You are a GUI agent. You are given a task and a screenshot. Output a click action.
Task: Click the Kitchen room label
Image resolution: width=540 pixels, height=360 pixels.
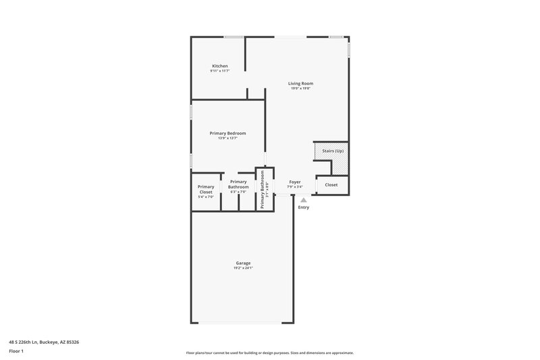[219, 66]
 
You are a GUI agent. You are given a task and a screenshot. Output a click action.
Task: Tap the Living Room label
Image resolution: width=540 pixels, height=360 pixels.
[300, 83]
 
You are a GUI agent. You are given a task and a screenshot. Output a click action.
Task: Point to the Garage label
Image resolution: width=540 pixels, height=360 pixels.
[243, 263]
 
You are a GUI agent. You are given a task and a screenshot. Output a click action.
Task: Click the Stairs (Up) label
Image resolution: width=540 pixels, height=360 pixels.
[333, 151]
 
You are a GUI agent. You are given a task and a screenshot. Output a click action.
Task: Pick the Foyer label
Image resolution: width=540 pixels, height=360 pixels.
[295, 182]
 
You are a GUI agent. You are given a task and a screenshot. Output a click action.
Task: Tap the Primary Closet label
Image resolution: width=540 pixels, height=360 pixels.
[206, 189]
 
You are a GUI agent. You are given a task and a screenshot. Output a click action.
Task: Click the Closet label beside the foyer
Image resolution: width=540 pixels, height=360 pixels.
[331, 184]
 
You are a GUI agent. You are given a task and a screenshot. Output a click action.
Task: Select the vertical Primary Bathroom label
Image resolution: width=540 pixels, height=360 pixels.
[263, 189]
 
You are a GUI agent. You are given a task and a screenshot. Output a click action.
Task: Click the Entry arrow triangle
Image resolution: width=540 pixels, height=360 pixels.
[304, 200]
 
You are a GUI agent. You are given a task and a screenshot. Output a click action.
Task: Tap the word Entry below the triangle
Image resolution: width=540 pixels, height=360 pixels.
[304, 207]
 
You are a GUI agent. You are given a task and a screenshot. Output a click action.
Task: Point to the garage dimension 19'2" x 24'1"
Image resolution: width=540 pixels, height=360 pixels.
[243, 268]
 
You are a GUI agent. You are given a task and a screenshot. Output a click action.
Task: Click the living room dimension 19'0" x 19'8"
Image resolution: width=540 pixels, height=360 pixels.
[300, 88]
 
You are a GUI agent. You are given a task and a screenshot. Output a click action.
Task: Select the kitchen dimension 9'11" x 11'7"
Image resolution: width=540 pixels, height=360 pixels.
[219, 71]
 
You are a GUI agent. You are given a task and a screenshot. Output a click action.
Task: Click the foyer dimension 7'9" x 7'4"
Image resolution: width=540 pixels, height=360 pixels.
[295, 187]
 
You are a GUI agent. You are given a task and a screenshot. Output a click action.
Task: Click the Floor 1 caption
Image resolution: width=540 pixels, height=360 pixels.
[17, 351]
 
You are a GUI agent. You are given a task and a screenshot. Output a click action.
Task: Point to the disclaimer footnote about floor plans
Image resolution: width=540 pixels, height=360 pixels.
[269, 353]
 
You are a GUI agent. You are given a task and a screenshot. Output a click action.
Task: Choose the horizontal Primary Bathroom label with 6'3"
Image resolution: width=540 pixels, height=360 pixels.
[238, 184]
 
